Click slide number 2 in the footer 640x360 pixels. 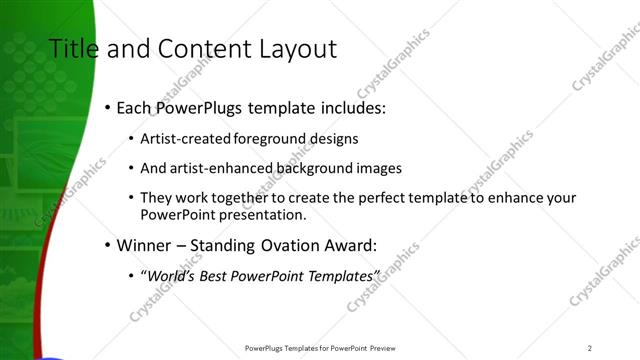click(589, 347)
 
